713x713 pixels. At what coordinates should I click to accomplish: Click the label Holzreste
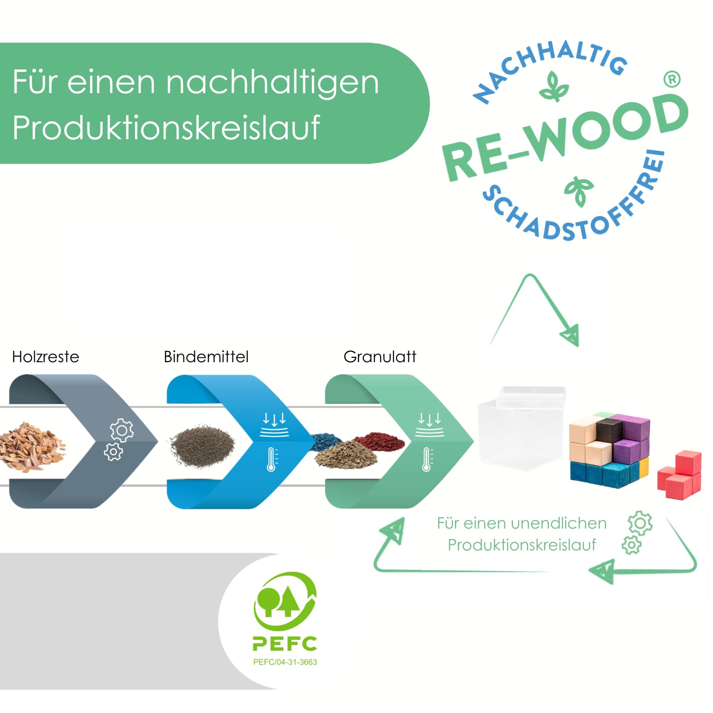46,356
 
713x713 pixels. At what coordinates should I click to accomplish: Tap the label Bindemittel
206,356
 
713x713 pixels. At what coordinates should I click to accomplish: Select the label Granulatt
379,356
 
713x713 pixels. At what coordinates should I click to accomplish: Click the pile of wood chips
31,447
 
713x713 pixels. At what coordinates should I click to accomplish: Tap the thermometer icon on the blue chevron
271,459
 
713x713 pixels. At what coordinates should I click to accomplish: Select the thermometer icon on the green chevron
427,459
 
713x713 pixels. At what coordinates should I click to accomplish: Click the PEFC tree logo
284,601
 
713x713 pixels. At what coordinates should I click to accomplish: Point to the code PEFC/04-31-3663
285,662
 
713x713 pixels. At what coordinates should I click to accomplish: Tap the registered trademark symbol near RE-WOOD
672,79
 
